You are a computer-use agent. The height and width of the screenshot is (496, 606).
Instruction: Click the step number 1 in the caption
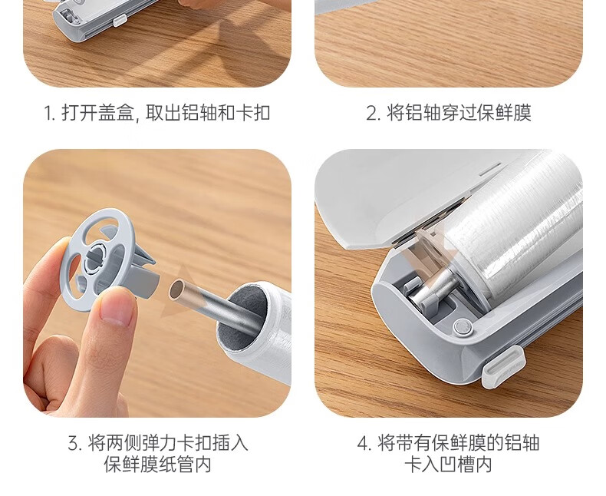[x=48, y=114]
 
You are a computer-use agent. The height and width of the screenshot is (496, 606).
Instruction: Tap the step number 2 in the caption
[x=372, y=114]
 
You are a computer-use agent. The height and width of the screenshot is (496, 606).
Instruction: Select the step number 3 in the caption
[x=74, y=443]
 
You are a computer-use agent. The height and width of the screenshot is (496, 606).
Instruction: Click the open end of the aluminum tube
[x=176, y=289]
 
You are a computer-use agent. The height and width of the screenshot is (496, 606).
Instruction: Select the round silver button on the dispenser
[x=463, y=326]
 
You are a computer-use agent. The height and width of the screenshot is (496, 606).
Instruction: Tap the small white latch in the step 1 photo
[x=120, y=20]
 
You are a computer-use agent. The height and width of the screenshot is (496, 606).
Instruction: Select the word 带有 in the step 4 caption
[x=413, y=443]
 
